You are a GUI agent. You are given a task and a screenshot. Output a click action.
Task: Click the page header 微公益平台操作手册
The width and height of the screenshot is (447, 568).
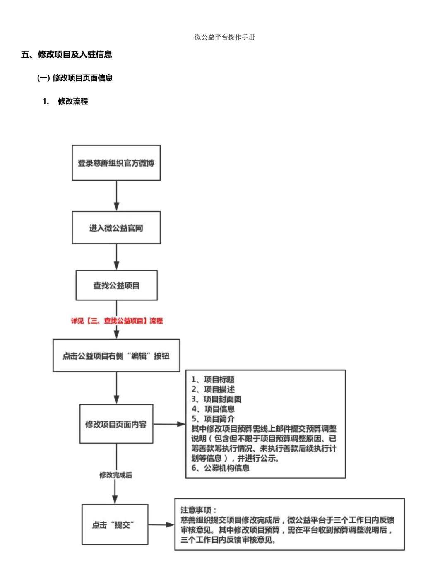[224, 37]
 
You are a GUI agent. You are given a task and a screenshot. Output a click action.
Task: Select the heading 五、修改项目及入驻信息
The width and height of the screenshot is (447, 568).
[67, 54]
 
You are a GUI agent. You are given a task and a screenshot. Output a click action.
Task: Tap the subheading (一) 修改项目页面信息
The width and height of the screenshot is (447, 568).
[75, 78]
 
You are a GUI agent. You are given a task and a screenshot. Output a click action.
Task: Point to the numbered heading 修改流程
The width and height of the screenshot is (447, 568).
[73, 101]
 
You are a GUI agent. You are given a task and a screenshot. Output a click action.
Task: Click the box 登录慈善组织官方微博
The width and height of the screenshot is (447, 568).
[116, 163]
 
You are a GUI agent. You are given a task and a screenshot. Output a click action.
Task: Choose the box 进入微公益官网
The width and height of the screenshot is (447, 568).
[116, 227]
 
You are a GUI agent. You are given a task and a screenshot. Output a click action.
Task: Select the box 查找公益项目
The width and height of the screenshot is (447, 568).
[116, 285]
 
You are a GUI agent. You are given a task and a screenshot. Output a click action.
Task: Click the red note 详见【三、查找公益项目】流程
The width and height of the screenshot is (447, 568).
[117, 321]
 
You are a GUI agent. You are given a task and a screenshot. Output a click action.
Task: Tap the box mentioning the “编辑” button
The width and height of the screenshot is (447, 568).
[116, 355]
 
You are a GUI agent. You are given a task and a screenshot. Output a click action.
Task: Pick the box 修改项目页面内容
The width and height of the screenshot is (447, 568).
[116, 424]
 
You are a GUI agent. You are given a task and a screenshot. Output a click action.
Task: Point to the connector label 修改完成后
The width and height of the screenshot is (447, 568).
[115, 475]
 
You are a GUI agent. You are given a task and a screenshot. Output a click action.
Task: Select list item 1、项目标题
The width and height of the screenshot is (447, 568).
[213, 379]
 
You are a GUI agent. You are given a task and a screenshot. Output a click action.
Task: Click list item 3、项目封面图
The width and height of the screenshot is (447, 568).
[216, 399]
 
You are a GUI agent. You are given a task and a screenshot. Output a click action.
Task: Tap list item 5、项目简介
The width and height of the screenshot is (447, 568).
[213, 418]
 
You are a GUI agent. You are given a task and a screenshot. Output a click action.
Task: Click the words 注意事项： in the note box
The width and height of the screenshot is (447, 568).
[198, 510]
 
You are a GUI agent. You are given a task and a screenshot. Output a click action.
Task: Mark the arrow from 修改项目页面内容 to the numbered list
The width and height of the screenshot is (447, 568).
[169, 424]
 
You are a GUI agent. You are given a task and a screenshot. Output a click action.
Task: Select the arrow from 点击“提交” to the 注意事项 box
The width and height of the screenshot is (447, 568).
[161, 525]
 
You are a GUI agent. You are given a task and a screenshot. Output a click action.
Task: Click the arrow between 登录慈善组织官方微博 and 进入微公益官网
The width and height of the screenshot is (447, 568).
[117, 196]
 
